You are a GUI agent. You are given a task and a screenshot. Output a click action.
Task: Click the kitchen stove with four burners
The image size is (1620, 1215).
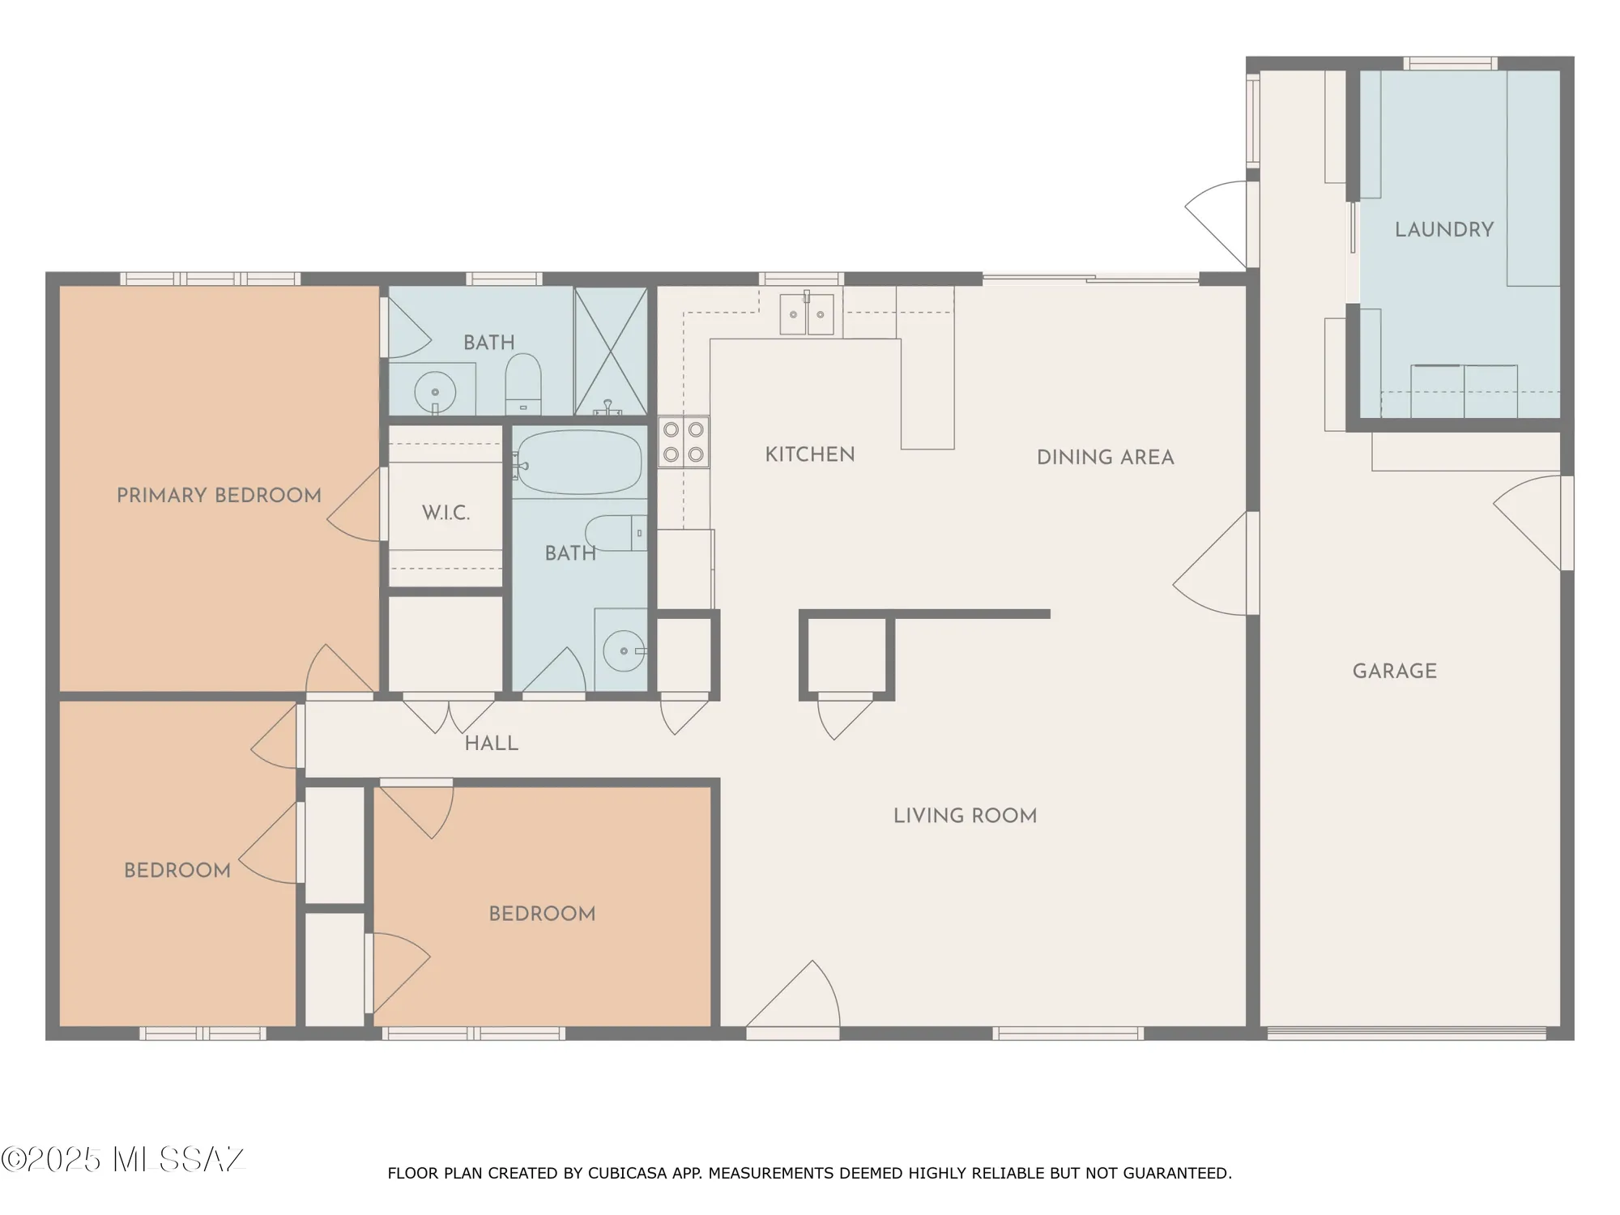tap(684, 442)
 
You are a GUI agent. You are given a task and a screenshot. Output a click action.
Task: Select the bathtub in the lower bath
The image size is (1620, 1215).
tap(578, 463)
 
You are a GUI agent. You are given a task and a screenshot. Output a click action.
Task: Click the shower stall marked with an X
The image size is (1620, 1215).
tap(611, 351)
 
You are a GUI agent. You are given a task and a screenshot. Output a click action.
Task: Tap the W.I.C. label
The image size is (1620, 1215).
tap(446, 513)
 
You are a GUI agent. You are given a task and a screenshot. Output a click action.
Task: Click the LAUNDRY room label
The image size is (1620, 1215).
tap(1443, 230)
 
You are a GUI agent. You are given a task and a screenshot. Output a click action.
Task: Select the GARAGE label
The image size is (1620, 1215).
tap(1394, 671)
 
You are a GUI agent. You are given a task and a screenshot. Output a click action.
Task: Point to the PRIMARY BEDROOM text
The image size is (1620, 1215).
tap(219, 496)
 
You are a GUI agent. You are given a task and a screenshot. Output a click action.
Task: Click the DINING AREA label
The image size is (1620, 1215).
tap(1105, 458)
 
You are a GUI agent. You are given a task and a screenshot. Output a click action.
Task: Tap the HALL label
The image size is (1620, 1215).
tap(491, 744)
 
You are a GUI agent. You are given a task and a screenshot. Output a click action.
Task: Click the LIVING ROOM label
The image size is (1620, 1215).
tap(965, 816)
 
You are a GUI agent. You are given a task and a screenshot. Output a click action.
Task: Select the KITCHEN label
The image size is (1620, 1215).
tap(809, 455)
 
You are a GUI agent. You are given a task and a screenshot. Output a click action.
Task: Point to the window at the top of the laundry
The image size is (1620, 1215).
tap(1449, 63)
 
